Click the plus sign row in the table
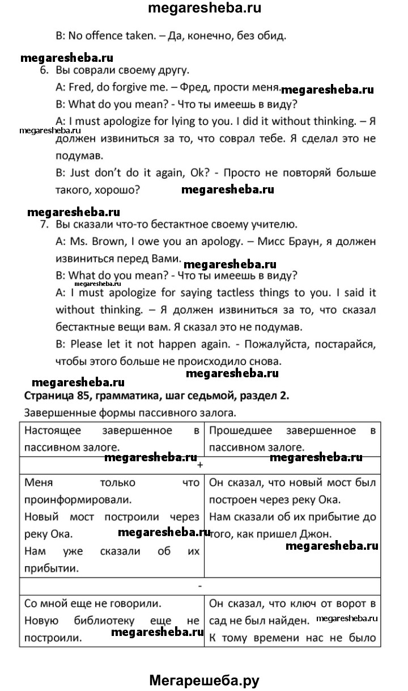pos(199,464)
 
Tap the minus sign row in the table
pos(199,585)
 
